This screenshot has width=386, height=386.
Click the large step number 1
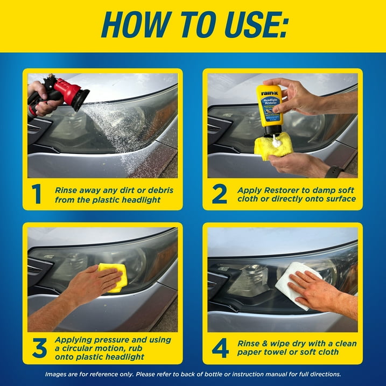click(36, 194)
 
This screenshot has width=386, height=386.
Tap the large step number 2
click(219, 194)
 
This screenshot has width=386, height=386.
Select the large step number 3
click(39, 348)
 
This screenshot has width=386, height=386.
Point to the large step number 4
click(220, 348)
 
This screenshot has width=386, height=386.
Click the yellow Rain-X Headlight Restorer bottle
click(268, 108)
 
